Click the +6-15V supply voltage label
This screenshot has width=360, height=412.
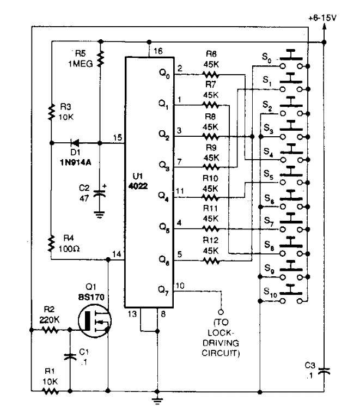323,17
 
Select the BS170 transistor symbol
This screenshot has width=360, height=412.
93,320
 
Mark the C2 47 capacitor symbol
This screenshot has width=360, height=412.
100,194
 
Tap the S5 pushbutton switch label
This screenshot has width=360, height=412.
267,175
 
